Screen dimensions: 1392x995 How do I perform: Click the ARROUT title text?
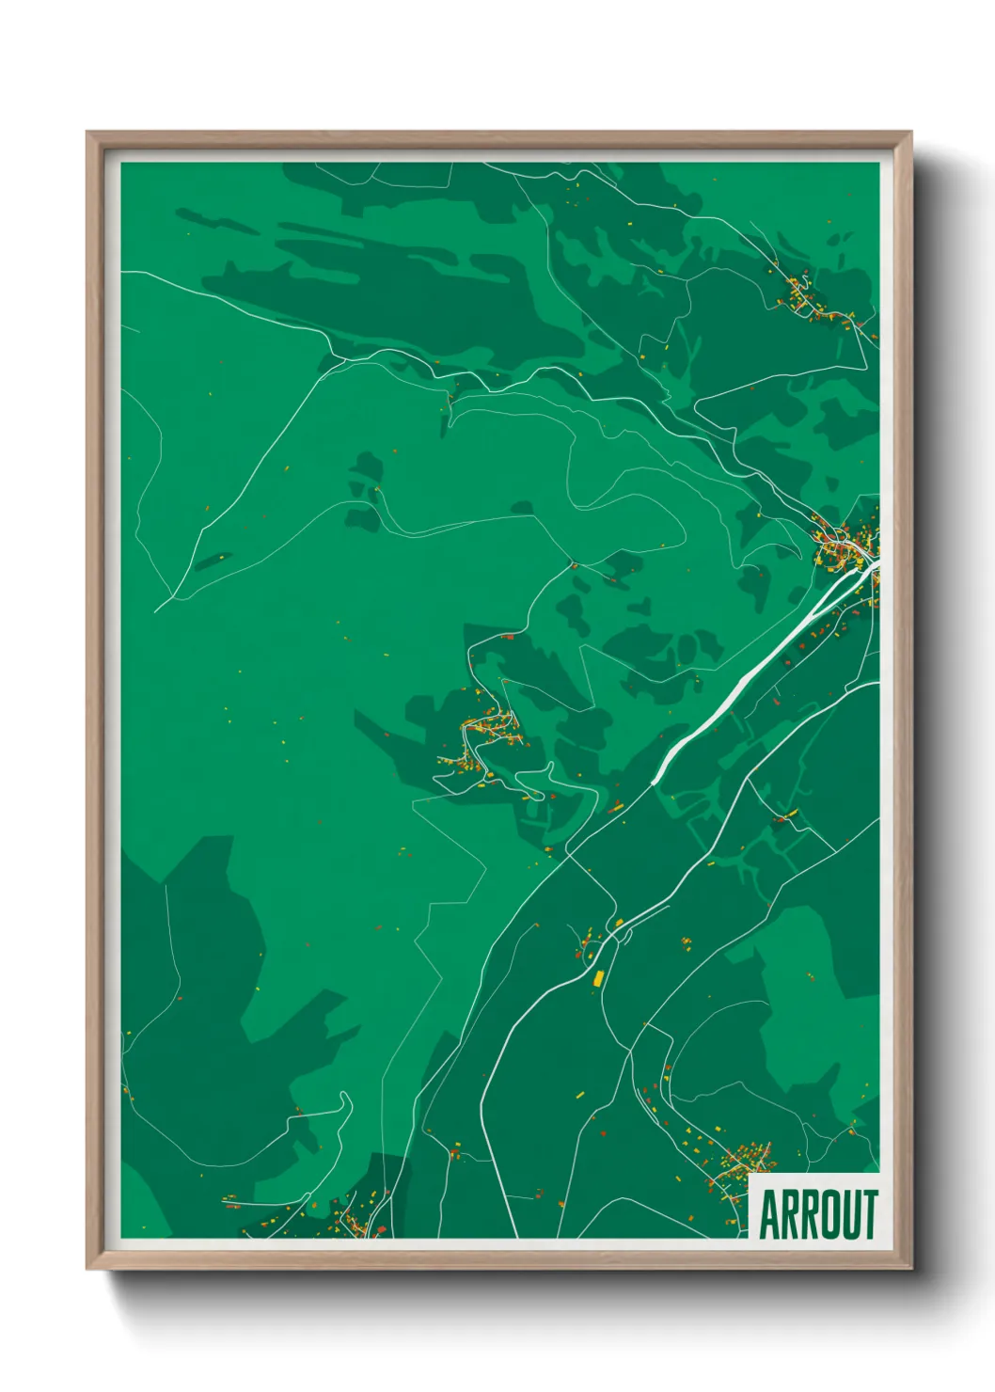tap(816, 1214)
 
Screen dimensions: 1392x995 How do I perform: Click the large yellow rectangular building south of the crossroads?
tap(596, 978)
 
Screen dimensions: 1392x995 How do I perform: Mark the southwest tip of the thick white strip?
tap(655, 780)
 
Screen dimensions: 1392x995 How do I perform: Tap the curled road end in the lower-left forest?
tap(345, 1100)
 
